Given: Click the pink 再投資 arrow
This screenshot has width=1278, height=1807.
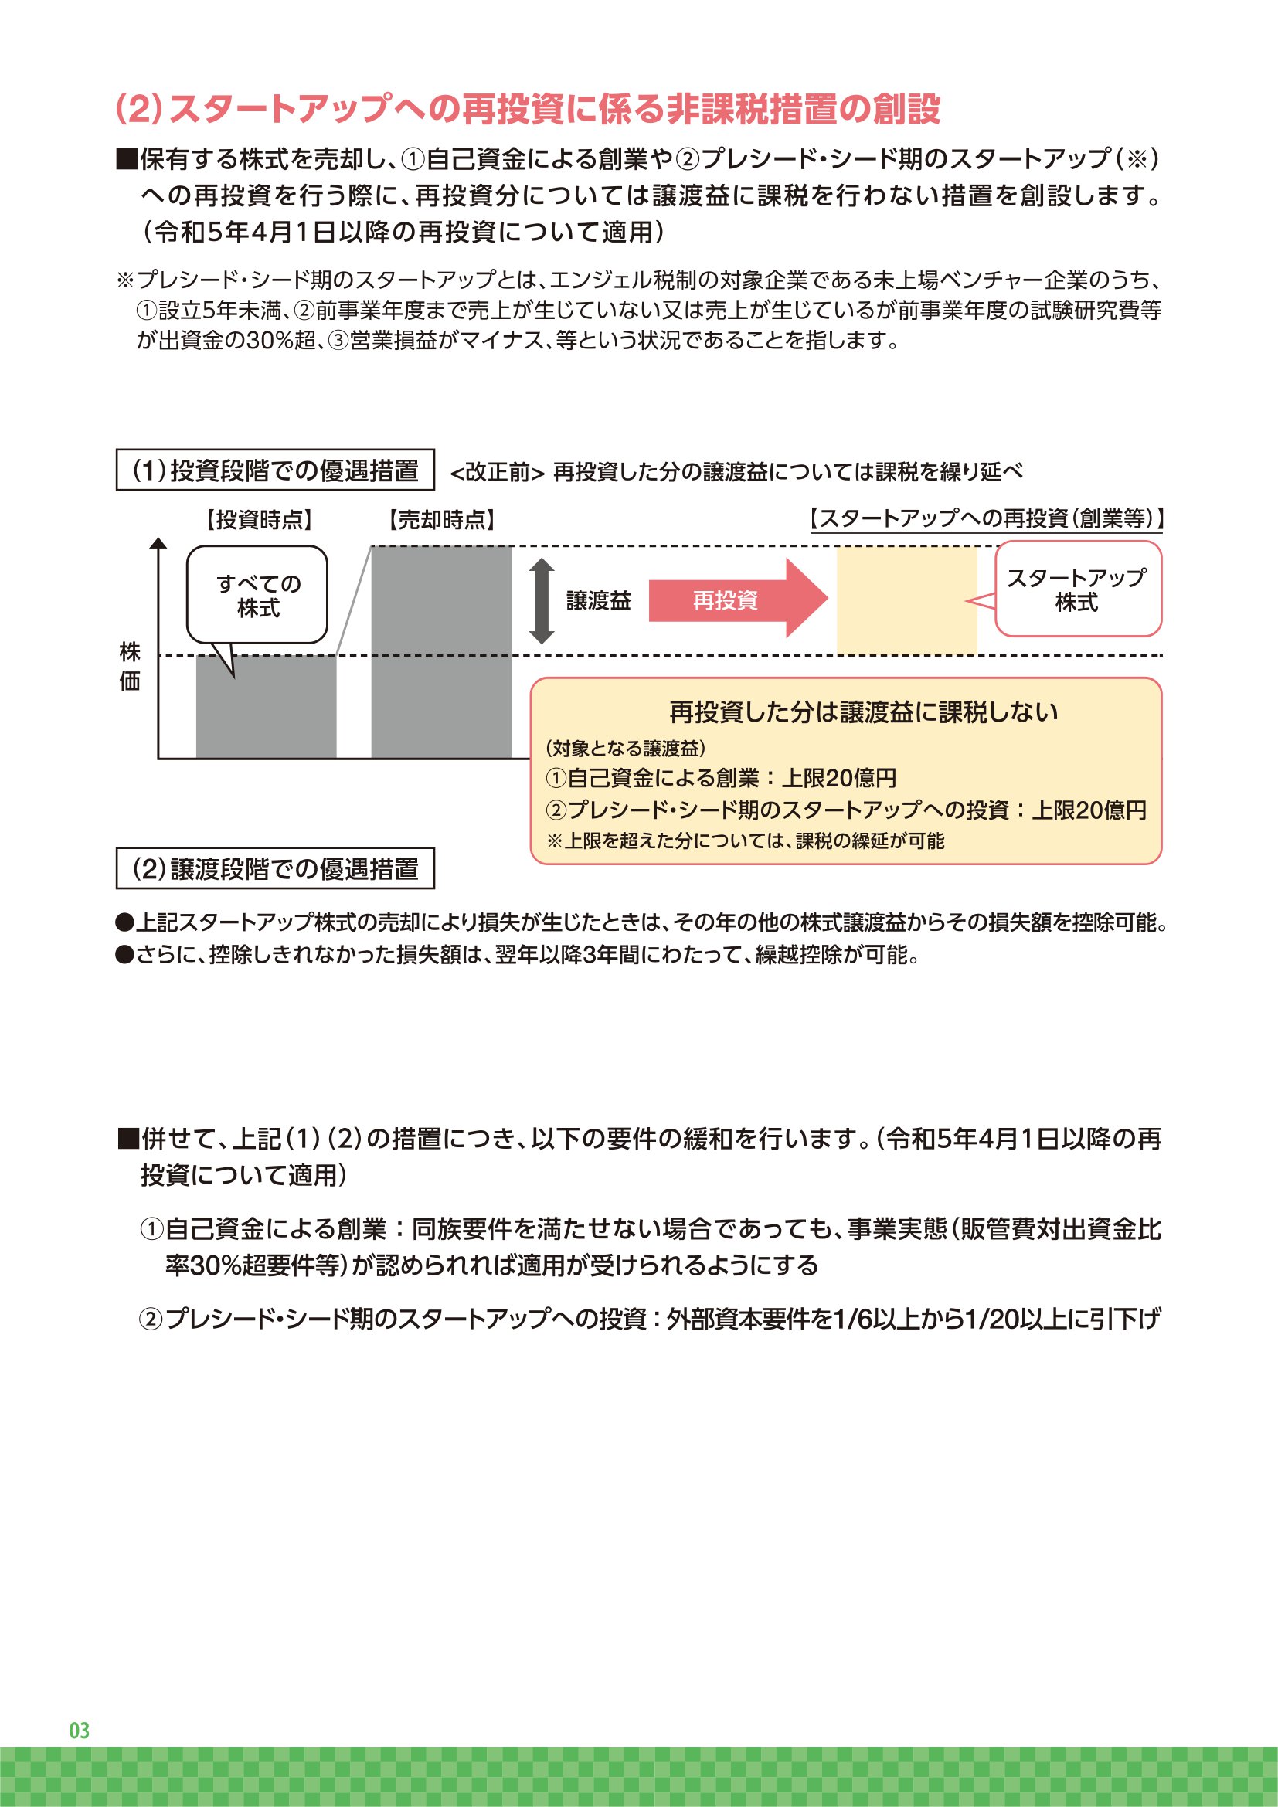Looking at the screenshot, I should pyautogui.click(x=736, y=600).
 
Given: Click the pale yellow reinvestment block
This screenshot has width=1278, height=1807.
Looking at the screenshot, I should pyautogui.click(x=906, y=600).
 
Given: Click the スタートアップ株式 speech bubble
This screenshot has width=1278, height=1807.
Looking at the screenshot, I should pyautogui.click(x=1077, y=589).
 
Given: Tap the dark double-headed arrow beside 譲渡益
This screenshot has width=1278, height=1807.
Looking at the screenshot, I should pyautogui.click(x=542, y=600).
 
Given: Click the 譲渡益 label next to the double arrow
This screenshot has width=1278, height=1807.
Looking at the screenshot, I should pyautogui.click(x=598, y=601).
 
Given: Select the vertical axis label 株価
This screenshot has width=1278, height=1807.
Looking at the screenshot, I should pyautogui.click(x=130, y=666).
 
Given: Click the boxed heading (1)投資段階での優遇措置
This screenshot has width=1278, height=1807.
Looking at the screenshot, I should pyautogui.click(x=275, y=470).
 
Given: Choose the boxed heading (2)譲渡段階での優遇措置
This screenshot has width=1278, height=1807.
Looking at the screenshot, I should pyautogui.click(x=275, y=869).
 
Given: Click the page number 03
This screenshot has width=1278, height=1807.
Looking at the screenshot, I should pyautogui.click(x=80, y=1730).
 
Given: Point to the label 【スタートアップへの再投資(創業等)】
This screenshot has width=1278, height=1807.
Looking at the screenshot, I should pyautogui.click(x=986, y=518).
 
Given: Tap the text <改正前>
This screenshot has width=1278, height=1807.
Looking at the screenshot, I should pyautogui.click(x=497, y=472).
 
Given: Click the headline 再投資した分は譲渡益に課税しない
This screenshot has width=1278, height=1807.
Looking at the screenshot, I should pyautogui.click(x=863, y=712).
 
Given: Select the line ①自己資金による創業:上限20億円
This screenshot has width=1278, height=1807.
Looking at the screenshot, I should pyautogui.click(x=721, y=779).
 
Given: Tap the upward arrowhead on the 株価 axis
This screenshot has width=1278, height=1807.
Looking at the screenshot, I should pyautogui.click(x=158, y=542).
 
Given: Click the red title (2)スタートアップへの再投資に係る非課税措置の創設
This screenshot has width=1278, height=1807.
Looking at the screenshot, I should pyautogui.click(x=528, y=110).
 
